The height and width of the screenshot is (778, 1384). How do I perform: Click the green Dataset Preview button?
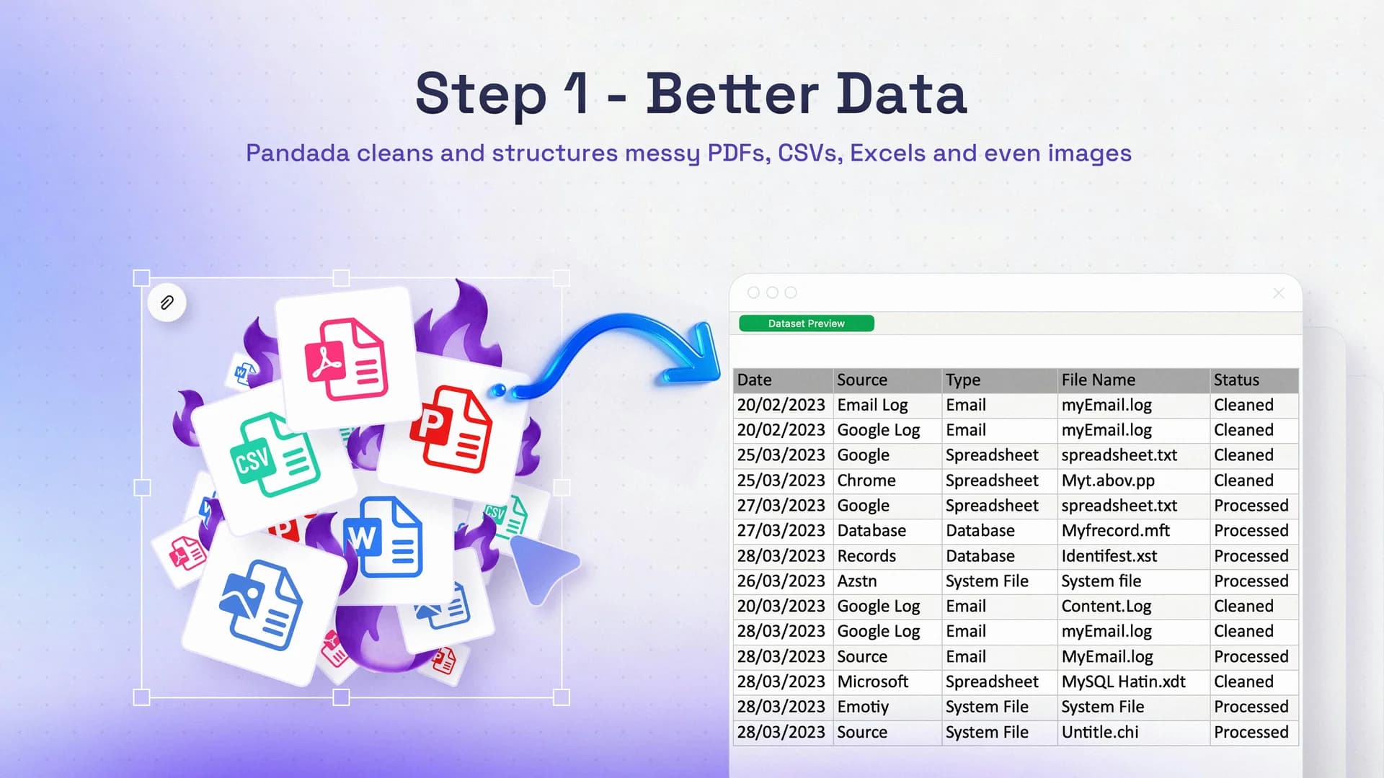click(x=806, y=323)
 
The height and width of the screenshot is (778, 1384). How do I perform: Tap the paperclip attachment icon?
click(x=167, y=303)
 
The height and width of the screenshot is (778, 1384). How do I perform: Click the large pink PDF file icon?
click(x=346, y=359)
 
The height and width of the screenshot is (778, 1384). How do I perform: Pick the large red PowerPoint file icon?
click(x=451, y=430)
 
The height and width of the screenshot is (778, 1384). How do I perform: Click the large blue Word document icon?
click(x=384, y=537)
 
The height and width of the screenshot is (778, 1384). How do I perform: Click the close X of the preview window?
click(x=1279, y=293)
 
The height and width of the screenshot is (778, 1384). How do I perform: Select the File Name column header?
click(x=1098, y=380)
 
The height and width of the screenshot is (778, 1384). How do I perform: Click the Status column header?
click(x=1236, y=380)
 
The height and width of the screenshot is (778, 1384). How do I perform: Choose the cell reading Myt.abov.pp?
click(x=1108, y=480)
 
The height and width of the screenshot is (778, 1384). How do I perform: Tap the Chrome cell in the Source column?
click(x=866, y=480)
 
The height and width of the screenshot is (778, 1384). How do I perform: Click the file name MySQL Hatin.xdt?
click(x=1123, y=681)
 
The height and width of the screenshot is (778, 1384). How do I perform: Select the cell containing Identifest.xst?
click(x=1109, y=556)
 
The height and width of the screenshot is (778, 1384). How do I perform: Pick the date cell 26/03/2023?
click(x=781, y=581)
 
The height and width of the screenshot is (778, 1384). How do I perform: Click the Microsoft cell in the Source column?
click(x=872, y=681)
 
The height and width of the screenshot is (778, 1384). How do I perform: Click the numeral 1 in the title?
click(x=577, y=94)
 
